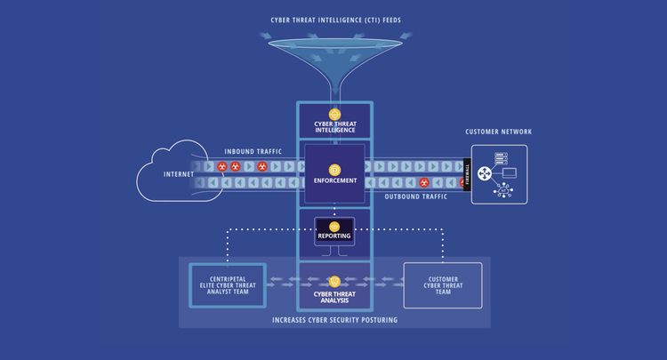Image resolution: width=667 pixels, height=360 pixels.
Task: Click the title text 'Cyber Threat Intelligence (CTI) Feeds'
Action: coord(334,20)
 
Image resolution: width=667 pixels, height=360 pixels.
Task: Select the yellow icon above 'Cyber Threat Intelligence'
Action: coord(334,114)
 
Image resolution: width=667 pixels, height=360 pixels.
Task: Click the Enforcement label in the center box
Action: coord(334,180)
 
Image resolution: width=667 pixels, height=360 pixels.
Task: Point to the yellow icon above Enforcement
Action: coord(334,169)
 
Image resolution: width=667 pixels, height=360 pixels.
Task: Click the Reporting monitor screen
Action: coord(334,231)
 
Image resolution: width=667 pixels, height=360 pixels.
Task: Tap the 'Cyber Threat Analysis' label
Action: coord(334,296)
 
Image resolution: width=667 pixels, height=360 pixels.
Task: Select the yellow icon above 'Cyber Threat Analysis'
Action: coord(334,281)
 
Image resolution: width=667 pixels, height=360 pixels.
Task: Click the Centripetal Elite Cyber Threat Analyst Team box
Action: coord(228,285)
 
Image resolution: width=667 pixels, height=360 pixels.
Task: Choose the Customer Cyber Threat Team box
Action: coord(442,285)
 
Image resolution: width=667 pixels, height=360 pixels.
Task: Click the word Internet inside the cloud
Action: coord(179,174)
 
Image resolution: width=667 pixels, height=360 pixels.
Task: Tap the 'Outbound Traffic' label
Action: coord(414,196)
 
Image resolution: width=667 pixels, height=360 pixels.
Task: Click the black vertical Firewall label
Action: coord(468,174)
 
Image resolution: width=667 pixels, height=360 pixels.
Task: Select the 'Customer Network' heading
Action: coord(498,132)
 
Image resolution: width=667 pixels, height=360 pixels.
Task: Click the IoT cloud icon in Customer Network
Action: coord(504,190)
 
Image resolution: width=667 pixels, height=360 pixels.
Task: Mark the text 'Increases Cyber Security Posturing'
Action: coord(334,319)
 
